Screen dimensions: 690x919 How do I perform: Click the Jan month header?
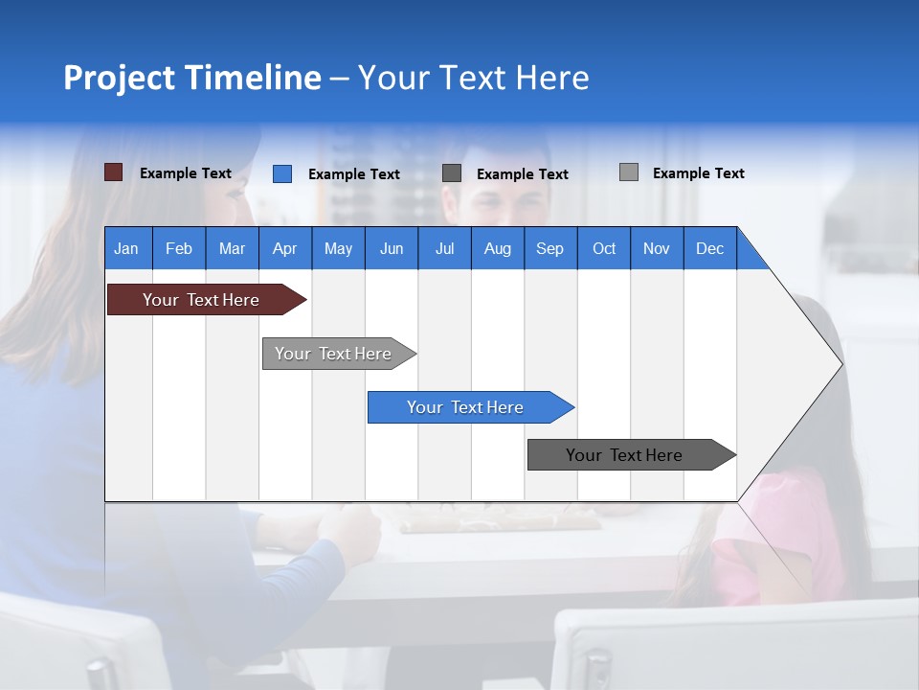(127, 248)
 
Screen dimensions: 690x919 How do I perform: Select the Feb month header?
(179, 248)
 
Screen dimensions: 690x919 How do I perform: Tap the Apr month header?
(285, 248)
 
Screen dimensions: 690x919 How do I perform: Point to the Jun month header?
(392, 248)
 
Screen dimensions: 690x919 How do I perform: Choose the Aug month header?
(498, 248)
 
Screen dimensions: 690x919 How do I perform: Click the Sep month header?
(550, 248)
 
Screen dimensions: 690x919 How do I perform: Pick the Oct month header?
(604, 248)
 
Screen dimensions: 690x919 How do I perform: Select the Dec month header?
(710, 248)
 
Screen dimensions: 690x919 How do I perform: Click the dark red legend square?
(114, 172)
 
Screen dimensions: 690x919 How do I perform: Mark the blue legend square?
(282, 173)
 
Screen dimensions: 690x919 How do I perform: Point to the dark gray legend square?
(452, 173)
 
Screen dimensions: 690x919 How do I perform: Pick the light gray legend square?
(629, 172)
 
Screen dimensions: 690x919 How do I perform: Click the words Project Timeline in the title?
(192, 78)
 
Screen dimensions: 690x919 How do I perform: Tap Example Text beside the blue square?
(354, 174)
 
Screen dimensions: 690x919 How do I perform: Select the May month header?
(338, 248)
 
